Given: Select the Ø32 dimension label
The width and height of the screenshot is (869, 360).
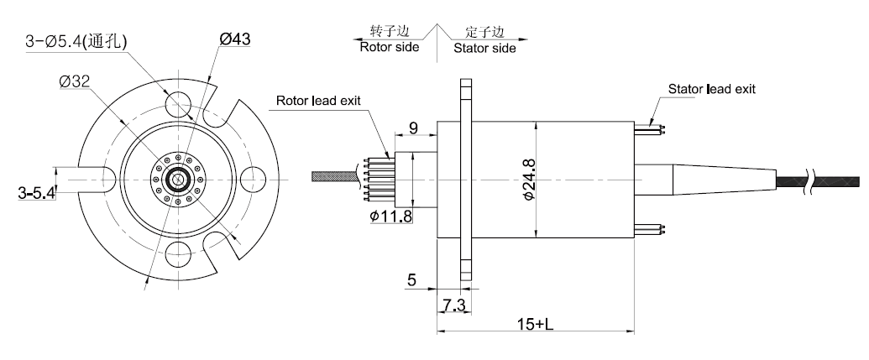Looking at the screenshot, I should pyautogui.click(x=76, y=81).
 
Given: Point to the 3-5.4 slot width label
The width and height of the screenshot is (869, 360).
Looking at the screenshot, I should pyautogui.click(x=35, y=193).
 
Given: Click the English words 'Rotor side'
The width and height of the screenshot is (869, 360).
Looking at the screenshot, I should pyautogui.click(x=388, y=48).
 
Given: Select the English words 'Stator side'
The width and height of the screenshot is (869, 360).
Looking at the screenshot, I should pyautogui.click(x=485, y=48).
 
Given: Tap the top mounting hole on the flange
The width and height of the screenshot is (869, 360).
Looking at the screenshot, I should pyautogui.click(x=178, y=102).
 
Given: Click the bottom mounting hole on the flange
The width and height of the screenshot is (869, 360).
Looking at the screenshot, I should pyautogui.click(x=178, y=254).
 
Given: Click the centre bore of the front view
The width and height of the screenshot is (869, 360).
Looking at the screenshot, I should pyautogui.click(x=178, y=179).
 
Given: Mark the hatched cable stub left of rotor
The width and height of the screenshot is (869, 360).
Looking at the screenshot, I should pyautogui.click(x=333, y=178).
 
